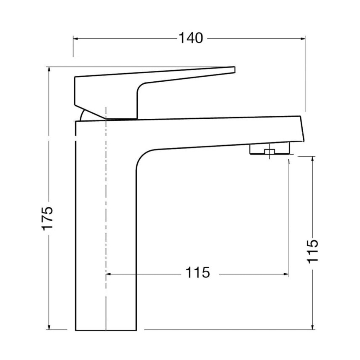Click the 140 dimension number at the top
tap(191, 38)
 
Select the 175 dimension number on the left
tap(47, 218)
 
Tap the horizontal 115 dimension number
tap(197, 272)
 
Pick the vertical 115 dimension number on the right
tap(312, 251)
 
